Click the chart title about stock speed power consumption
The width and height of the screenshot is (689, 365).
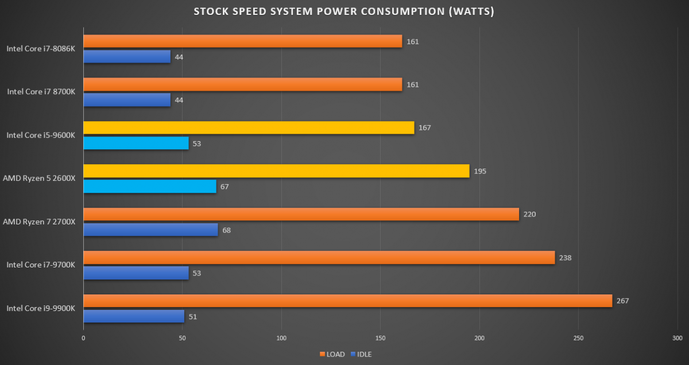pos(344,11)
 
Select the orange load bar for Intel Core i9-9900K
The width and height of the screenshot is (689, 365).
pos(347,301)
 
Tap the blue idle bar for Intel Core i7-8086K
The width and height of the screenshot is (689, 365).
pos(127,57)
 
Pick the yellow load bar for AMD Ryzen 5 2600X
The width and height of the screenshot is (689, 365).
pos(276,171)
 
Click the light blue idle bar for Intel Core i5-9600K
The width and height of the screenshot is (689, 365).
pos(136,143)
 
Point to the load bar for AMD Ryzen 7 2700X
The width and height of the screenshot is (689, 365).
pos(301,214)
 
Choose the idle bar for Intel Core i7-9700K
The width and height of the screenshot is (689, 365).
pos(136,273)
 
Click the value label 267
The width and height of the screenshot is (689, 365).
pos(622,301)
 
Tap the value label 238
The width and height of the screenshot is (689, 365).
pos(566,258)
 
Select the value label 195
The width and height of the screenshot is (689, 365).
pos(480,171)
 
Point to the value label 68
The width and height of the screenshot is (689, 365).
pos(227,230)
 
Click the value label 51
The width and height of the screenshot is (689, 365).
pos(193,316)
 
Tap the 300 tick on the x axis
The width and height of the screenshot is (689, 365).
pos(677,338)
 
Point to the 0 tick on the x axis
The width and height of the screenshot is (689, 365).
pos(84,338)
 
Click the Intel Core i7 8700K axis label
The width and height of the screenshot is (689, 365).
pos(41,92)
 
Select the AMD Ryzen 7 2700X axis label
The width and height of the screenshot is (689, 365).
pos(39,222)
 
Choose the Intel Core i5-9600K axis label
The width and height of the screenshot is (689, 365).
pos(41,135)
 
